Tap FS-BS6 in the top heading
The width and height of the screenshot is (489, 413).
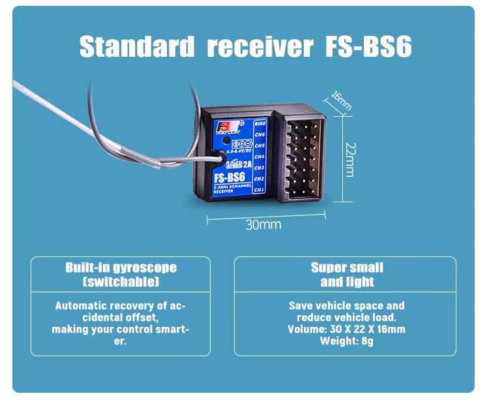tap(368, 47)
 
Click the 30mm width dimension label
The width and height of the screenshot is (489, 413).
tap(263, 225)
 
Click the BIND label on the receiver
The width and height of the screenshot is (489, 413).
tap(259, 123)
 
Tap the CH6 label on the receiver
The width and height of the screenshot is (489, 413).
tap(259, 134)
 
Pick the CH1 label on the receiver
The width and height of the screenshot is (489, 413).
tap(259, 190)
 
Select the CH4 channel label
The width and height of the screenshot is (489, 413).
tap(259, 157)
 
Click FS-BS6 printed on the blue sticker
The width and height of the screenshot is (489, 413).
tap(230, 177)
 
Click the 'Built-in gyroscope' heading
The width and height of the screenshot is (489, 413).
tap(121, 268)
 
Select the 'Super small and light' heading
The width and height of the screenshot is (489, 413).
tap(347, 275)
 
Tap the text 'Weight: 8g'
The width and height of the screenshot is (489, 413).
tap(346, 341)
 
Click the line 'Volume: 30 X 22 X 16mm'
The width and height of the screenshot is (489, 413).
tap(346, 329)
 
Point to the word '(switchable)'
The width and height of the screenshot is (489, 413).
tap(121, 282)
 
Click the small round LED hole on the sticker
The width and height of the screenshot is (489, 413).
tap(225, 140)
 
